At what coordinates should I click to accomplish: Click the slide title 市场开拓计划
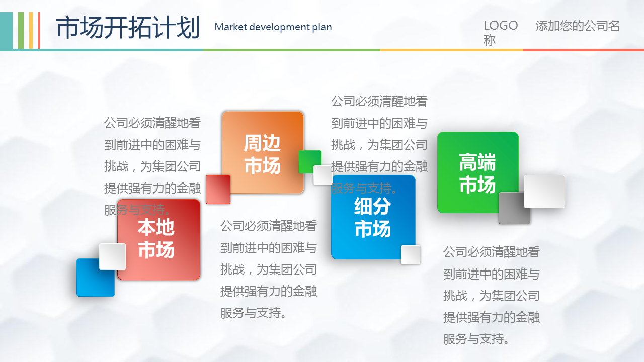128,27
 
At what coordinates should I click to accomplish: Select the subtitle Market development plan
273,27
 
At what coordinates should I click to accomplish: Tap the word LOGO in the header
501,26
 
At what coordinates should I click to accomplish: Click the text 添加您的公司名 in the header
578,26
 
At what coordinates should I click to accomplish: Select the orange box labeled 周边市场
263,152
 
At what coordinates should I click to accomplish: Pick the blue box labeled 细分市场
373,217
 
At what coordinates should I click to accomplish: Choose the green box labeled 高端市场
477,172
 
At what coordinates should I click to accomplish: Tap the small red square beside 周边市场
218,189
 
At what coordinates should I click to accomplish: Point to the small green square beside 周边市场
308,160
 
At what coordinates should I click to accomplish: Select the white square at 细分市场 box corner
410,255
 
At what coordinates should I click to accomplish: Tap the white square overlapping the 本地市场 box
112,256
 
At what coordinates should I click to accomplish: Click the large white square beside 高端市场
544,191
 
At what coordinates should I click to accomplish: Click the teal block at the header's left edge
6,31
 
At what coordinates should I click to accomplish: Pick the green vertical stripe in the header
21,31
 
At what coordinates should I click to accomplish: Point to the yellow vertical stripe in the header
31,31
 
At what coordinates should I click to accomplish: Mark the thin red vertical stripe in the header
39,31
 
